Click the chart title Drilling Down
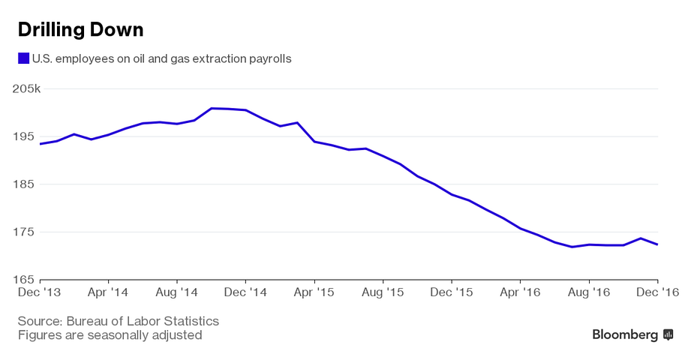pyautogui.click(x=80, y=30)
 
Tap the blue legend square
pyautogui.click(x=23, y=58)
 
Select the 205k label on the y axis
pyautogui.click(x=27, y=88)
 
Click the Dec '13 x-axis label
pyautogui.click(x=41, y=292)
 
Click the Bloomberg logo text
pyautogui.click(x=625, y=334)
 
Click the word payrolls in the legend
pyautogui.click(x=268, y=58)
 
